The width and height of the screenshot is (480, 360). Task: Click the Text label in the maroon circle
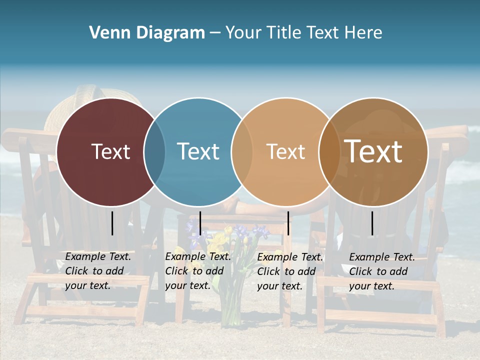pos(110,151)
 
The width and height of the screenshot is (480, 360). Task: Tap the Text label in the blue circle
pos(198,151)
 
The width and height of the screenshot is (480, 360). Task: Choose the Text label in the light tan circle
pos(285,151)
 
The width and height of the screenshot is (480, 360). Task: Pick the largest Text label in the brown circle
pos(373,151)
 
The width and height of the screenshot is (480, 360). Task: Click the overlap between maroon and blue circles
pos(154,151)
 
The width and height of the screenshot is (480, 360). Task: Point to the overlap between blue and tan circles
pos(242,151)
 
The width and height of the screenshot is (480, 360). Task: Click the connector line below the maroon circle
pos(112,223)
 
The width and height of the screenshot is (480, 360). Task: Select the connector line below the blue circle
pos(200,223)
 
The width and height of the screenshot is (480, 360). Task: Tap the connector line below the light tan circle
pos(288,223)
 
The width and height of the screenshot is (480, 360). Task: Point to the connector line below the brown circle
pos(372,223)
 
